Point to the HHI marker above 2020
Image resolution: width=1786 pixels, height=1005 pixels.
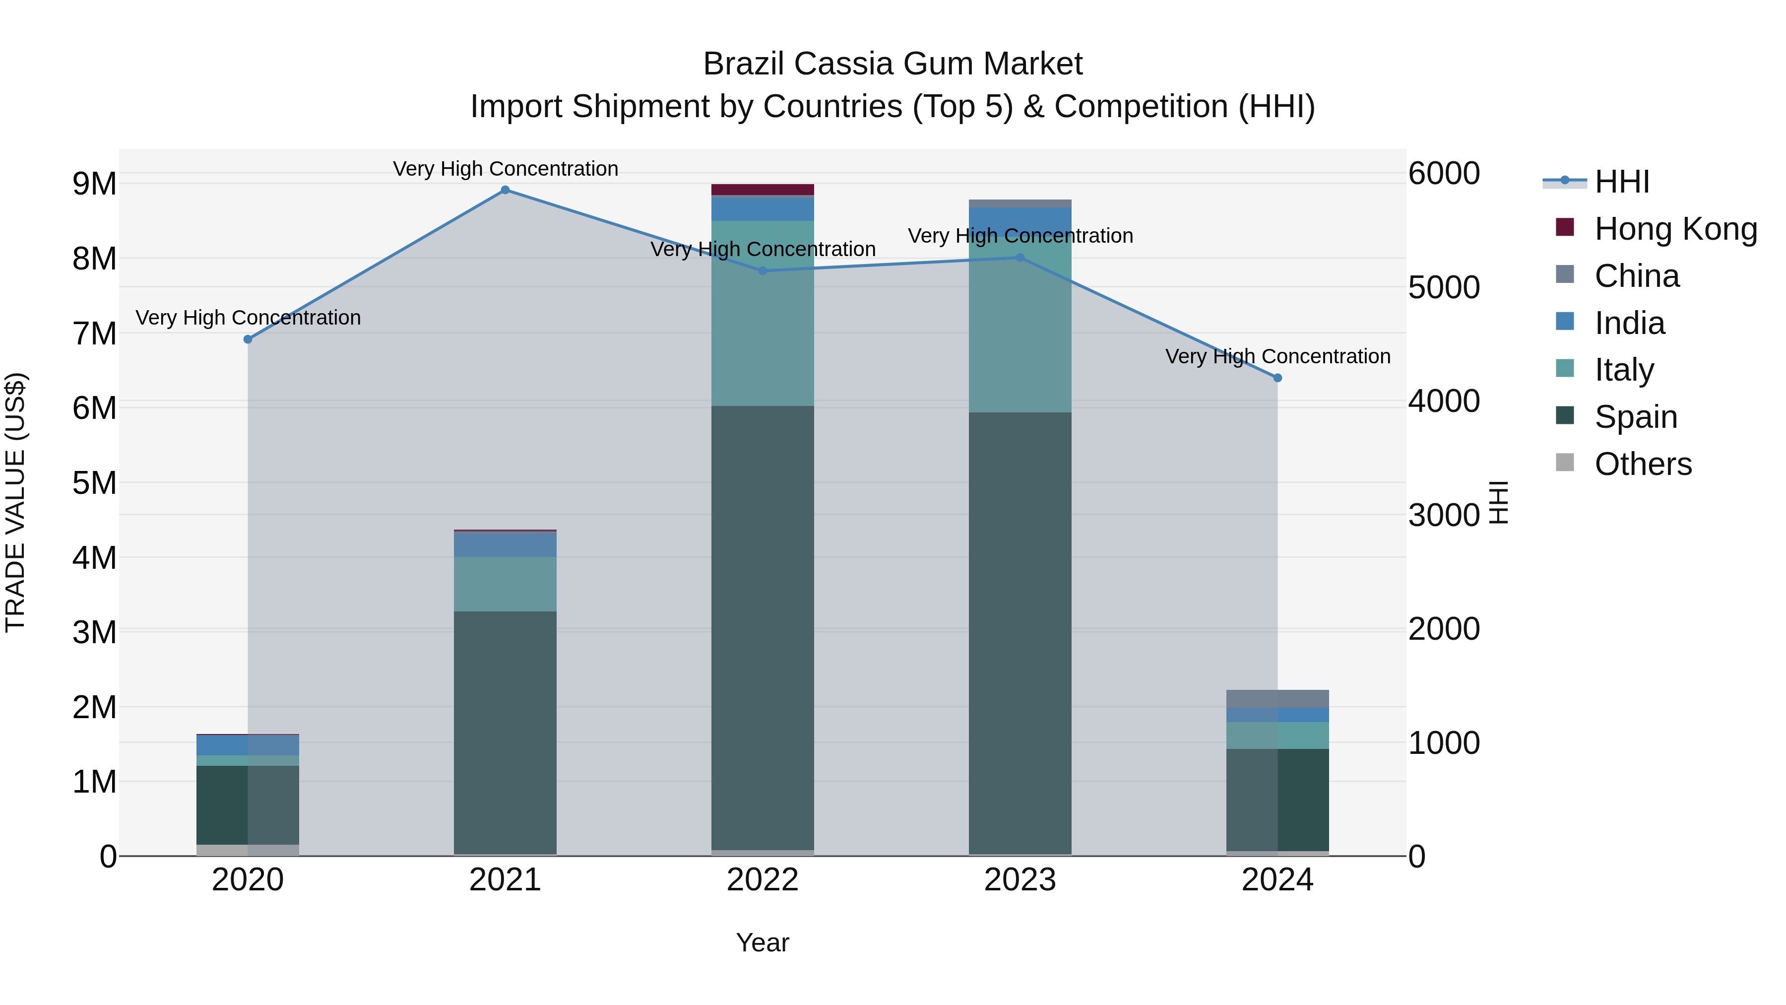click(248, 339)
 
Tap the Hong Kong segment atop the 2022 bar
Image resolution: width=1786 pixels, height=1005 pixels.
click(762, 190)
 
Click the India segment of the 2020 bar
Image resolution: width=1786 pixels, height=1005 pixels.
click(248, 745)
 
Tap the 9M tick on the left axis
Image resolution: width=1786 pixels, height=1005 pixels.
click(94, 184)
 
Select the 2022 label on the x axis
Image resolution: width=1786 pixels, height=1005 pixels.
click(762, 880)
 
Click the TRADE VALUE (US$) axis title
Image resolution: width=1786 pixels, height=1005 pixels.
click(15, 502)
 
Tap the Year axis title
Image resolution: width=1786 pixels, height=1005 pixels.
click(762, 942)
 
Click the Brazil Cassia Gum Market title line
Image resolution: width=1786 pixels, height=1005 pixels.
click(893, 64)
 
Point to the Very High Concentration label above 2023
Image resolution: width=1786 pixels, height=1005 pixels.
click(1020, 236)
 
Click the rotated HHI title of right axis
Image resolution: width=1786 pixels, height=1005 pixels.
click(1499, 502)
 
